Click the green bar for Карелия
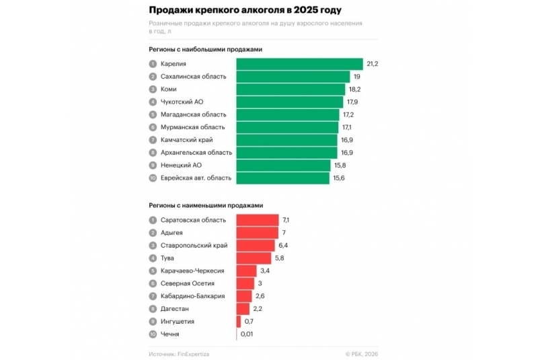[299, 64]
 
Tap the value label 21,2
[373, 64]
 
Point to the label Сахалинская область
[193, 77]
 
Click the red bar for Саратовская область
[257, 220]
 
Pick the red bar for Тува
[254, 258]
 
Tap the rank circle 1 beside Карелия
[153, 64]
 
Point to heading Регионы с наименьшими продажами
[206, 205]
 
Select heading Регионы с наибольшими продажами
[205, 49]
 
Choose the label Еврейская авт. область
[196, 178]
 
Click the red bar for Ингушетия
[239, 322]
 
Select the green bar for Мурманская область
[287, 127]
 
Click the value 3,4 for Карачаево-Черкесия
[266, 271]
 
